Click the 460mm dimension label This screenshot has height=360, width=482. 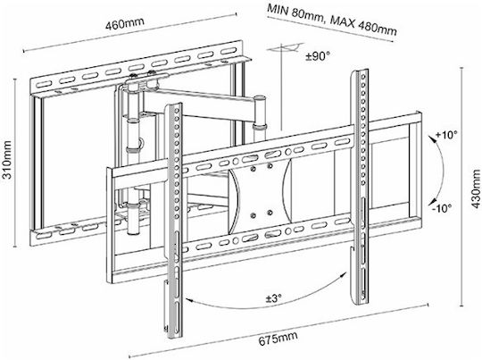124,24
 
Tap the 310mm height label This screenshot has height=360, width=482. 7,160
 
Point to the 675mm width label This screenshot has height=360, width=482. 278,339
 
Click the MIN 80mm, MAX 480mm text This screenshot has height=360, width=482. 332,20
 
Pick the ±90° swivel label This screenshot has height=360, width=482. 318,56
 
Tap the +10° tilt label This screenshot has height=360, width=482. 446,135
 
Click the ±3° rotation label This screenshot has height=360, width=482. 274,297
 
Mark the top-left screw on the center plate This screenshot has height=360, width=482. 253,169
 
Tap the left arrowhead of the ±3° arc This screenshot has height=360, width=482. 187,298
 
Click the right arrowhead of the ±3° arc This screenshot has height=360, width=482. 345,274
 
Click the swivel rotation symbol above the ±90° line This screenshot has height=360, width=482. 285,48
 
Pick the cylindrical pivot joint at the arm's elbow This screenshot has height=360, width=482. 260,113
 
